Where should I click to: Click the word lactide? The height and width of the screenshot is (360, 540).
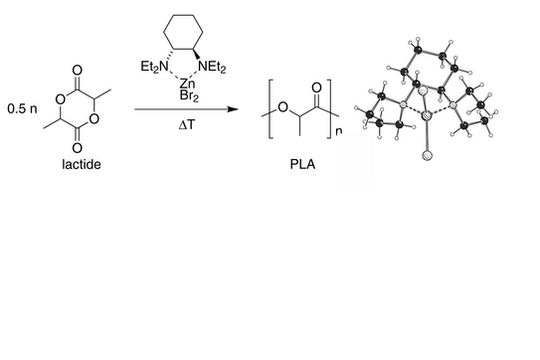tap(82, 164)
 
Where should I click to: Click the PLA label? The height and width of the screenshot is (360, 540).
tap(302, 164)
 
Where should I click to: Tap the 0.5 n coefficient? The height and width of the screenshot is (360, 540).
tap(23, 108)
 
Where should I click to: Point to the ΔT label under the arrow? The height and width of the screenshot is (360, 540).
tap(187, 125)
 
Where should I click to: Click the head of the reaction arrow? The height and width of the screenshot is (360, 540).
tap(233, 109)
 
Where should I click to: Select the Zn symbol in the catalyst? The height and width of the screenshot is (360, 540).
tap(187, 84)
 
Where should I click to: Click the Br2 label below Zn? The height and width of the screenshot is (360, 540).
tap(189, 95)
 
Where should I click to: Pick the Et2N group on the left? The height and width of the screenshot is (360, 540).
tap(155, 67)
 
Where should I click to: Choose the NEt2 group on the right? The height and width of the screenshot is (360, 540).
tap(213, 67)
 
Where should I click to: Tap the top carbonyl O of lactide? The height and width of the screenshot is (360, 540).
tap(78, 71)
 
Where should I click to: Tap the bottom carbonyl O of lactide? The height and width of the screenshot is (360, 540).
tap(78, 148)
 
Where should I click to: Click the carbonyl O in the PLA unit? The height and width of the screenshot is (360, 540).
tap(316, 88)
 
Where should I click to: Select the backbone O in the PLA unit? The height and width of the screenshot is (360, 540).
tap(282, 107)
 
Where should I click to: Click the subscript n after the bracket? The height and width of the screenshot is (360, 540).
tap(339, 131)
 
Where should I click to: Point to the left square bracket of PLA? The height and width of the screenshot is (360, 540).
tap(270, 108)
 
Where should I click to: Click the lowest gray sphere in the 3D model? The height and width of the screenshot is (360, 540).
tap(428, 155)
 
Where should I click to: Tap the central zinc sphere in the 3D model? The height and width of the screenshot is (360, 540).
tap(427, 115)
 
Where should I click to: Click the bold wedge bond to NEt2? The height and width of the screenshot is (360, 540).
tap(197, 55)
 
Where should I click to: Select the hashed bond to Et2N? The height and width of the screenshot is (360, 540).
tap(169, 55)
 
